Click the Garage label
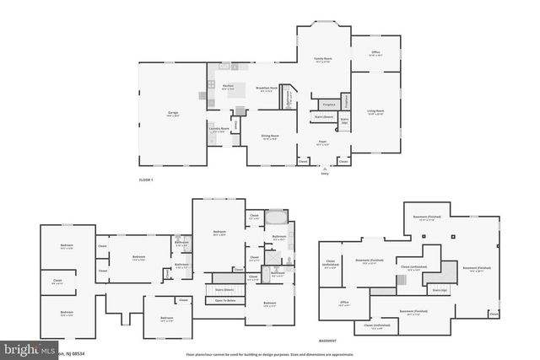pos(172,113)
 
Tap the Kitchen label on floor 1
pos(227,87)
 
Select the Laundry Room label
pos(219,130)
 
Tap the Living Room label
pos(375,111)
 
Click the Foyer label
pos(322,142)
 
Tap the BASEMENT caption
pos(328,341)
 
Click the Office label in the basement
pos(344,303)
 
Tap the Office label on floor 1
pos(375,53)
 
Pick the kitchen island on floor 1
pos(239,90)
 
